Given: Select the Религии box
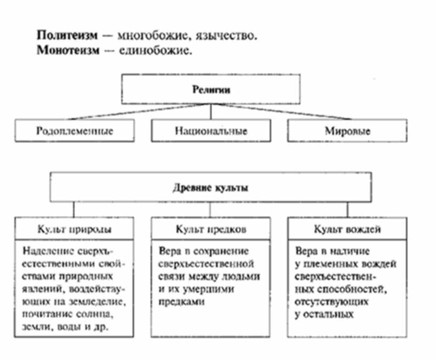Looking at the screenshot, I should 210,90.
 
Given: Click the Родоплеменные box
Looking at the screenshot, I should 74,130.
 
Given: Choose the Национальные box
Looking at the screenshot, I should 211,130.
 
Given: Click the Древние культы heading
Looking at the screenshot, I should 211,188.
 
